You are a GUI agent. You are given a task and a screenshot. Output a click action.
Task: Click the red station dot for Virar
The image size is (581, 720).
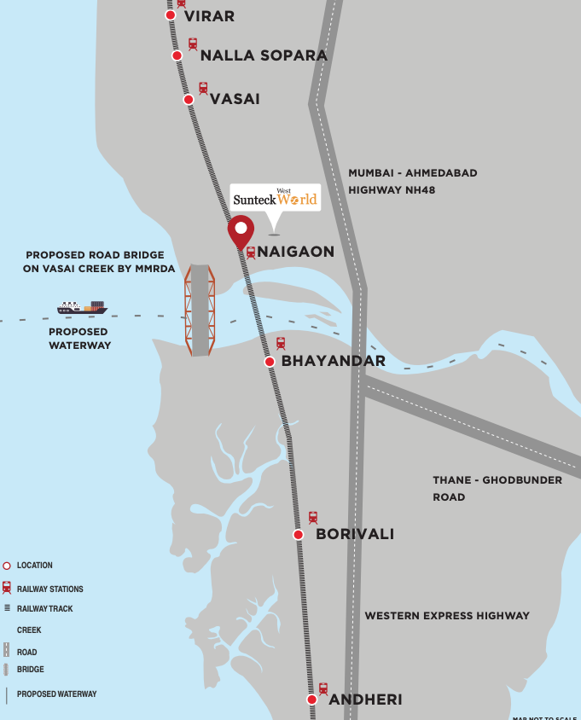[171, 15]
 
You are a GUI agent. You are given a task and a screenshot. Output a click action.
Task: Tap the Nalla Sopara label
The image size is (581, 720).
[264, 55]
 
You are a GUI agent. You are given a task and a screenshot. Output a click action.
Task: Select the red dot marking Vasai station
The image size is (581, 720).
[189, 100]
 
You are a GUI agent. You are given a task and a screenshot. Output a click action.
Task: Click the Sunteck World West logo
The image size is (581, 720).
[275, 198]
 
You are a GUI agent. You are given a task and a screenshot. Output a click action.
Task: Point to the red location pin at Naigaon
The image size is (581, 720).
[241, 231]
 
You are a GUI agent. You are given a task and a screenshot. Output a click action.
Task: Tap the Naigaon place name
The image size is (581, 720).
[295, 252]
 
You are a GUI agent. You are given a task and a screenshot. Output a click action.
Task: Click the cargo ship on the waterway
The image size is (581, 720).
[82, 307]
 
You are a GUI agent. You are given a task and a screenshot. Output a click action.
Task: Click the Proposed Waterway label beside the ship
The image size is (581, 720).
[78, 339]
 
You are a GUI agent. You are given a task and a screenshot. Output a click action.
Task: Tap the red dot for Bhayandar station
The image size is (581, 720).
[270, 362]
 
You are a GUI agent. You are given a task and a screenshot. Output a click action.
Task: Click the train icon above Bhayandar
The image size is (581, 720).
[281, 344]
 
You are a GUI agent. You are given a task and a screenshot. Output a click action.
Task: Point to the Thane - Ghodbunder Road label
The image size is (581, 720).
[497, 488]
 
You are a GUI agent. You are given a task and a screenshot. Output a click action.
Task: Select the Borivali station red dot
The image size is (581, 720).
[299, 535]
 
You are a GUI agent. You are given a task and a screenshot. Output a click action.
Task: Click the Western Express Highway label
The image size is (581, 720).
[447, 615]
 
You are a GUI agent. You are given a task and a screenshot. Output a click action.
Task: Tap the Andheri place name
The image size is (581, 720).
[365, 700]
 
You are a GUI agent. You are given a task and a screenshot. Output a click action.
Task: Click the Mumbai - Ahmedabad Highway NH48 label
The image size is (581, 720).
[413, 181]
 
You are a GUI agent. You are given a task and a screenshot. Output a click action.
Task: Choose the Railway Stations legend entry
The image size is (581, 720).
[49, 589]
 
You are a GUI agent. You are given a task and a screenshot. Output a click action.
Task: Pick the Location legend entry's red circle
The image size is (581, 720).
[7, 566]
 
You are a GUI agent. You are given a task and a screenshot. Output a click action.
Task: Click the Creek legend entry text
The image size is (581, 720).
[29, 630]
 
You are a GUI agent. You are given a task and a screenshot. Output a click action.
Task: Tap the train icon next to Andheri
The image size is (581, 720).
[323, 688]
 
